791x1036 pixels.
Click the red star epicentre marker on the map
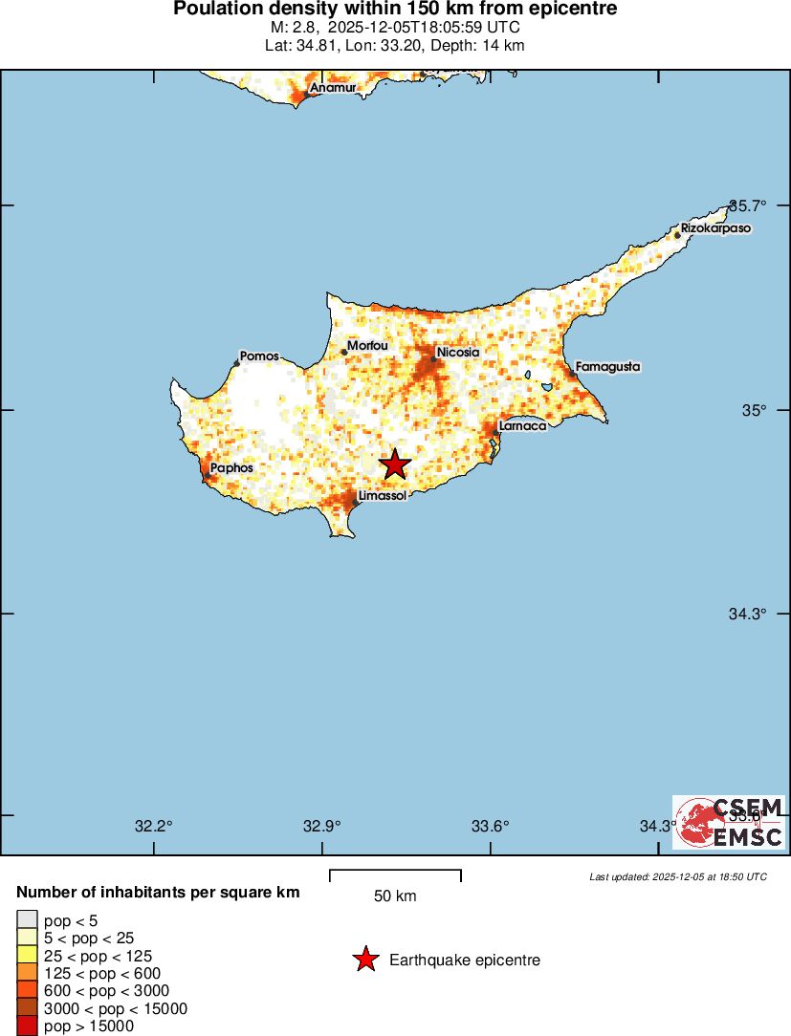click(x=395, y=465)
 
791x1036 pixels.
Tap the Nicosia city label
click(x=457, y=353)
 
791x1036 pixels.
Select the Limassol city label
click(x=383, y=496)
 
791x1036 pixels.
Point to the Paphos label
click(x=231, y=468)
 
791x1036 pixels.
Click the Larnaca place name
click(x=522, y=425)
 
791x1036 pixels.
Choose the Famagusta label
click(x=607, y=367)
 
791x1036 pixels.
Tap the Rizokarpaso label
click(x=715, y=229)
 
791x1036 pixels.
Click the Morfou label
click(x=367, y=345)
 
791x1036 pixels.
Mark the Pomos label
click(x=259, y=356)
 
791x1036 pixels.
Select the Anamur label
click(x=333, y=88)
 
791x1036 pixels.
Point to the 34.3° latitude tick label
click(x=748, y=614)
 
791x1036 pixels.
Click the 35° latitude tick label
click(x=757, y=410)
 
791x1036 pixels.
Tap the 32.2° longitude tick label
click(x=153, y=827)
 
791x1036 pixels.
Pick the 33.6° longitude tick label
click(x=491, y=827)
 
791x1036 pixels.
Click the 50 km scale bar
click(x=395, y=875)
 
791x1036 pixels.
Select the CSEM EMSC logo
click(x=729, y=822)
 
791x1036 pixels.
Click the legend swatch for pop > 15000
click(x=27, y=1025)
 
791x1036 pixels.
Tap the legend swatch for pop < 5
click(x=27, y=920)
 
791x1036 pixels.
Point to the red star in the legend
click(x=364, y=960)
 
